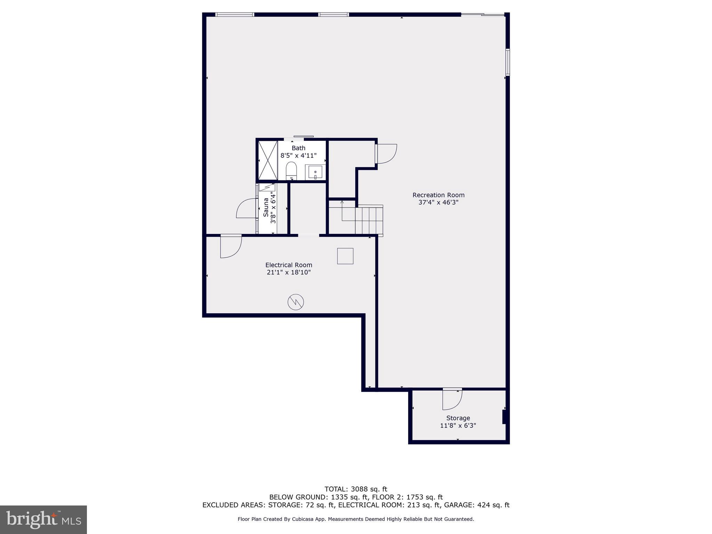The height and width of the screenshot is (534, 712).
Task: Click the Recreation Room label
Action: pos(438,195)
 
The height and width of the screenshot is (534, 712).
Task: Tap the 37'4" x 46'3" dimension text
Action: pos(438,202)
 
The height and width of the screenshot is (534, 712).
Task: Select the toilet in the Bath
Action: pos(291,170)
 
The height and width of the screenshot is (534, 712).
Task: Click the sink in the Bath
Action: pos(315,172)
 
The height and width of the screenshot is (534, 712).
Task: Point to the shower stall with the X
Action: pos(268,160)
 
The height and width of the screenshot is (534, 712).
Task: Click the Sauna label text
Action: pos(266,208)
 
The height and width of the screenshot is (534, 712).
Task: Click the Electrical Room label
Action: pos(289,265)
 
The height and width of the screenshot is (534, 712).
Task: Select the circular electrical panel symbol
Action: pos(296,302)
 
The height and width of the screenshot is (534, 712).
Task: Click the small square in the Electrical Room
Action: pos(345,256)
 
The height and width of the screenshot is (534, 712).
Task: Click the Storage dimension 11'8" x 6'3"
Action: pos(458,426)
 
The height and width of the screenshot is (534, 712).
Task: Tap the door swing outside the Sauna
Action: pos(246,209)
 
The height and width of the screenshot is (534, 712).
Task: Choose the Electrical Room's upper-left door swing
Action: pos(230,246)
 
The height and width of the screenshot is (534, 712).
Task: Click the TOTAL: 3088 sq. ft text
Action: pos(356,489)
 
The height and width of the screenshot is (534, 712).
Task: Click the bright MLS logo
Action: pos(43,519)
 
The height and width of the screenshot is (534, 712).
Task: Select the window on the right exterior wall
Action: pos(508,62)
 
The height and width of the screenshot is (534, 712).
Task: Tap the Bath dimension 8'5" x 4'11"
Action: pos(298,155)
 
